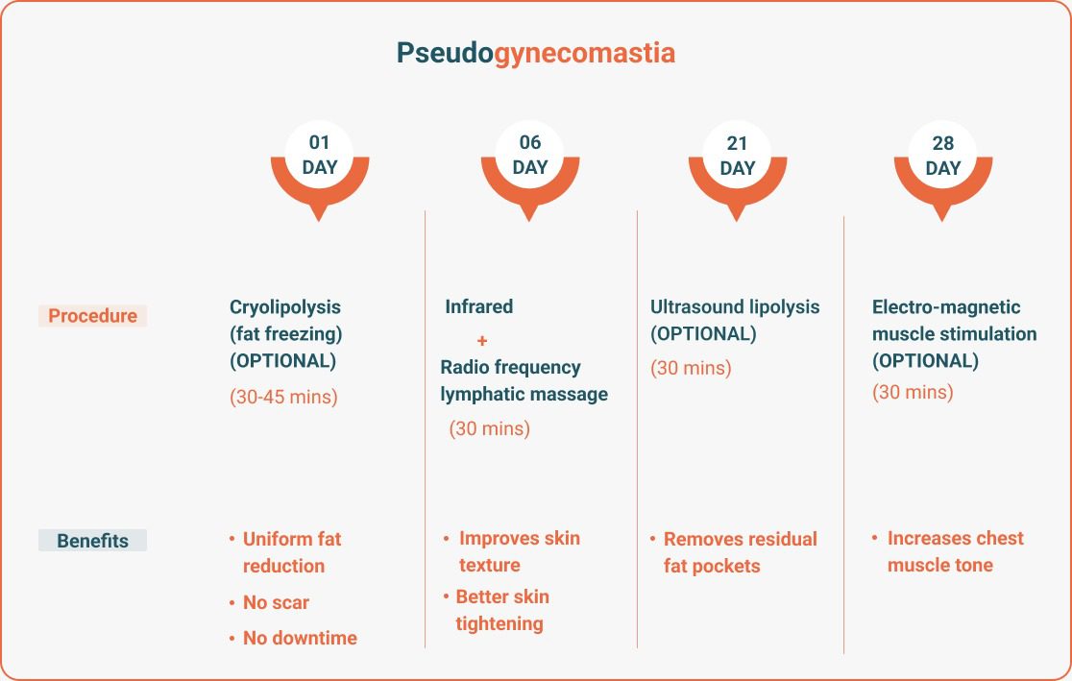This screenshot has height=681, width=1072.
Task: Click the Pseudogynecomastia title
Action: pos(536,54)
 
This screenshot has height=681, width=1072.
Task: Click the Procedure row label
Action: pos(92,316)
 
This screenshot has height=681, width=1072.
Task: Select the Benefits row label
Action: pos(92,540)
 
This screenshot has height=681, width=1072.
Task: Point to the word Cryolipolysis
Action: pos(285,307)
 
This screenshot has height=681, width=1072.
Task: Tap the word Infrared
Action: pos(478,306)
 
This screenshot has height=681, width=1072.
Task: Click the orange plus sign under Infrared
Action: pos(482,340)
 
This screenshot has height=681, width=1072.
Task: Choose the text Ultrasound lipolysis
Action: pos(735,307)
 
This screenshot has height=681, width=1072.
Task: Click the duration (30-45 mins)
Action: pos(283,397)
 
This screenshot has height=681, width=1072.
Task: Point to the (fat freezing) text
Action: pos(286,334)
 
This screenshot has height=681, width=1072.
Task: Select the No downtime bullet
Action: pos(293,638)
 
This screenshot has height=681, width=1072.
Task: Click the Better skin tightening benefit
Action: pos(497,610)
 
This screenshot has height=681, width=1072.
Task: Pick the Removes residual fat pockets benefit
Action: pos(734,552)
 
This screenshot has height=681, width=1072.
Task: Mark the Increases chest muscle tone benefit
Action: pos(947,551)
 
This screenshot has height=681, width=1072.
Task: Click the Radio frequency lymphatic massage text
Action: pos(524,380)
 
